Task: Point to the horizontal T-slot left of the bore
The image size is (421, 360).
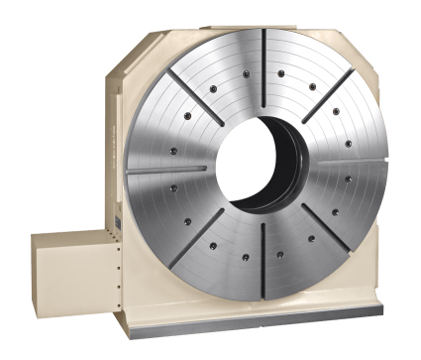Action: [x=168, y=168]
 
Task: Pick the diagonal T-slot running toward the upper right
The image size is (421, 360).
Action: [x=326, y=98]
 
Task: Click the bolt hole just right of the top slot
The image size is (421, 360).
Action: [x=282, y=73]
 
